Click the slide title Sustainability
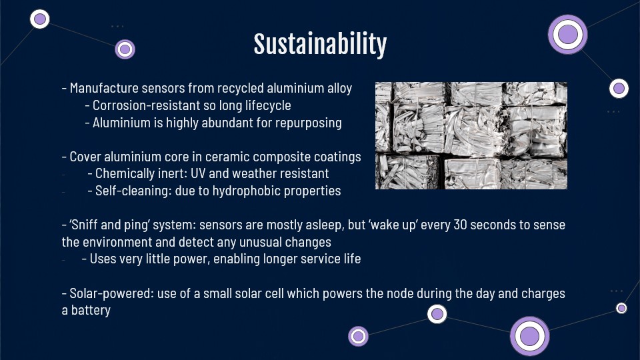pyautogui.click(x=320, y=44)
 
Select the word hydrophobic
pyautogui.click(x=246, y=191)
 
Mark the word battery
pyautogui.click(x=91, y=311)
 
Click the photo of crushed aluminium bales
pyautogui.click(x=471, y=135)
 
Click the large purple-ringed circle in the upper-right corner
pyautogui.click(x=568, y=34)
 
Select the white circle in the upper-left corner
pyautogui.click(x=39, y=19)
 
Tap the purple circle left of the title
pyautogui.click(x=125, y=49)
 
